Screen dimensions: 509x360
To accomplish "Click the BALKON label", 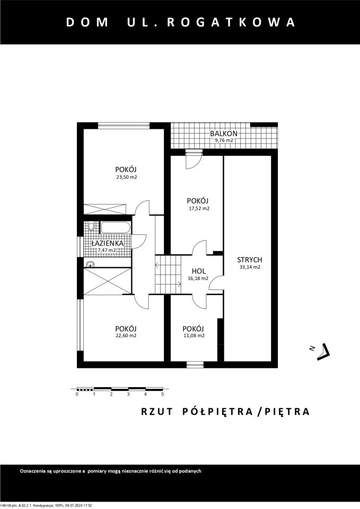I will [x=223, y=134].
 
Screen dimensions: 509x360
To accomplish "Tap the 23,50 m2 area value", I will [x=127, y=177].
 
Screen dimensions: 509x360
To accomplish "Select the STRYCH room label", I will [x=250, y=260].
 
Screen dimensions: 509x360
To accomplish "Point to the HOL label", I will [x=199, y=270].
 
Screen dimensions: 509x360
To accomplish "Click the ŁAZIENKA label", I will [x=108, y=243].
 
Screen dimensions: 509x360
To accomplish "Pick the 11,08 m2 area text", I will [x=194, y=336].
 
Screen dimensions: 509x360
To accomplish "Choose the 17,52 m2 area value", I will [x=198, y=208].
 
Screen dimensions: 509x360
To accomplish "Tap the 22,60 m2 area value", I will [x=126, y=336].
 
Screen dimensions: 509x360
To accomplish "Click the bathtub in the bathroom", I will [x=116, y=228].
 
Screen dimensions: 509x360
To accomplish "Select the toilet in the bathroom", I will [x=92, y=227].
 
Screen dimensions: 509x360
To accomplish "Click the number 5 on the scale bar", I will [x=162, y=394].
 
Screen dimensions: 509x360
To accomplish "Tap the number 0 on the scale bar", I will [x=77, y=394].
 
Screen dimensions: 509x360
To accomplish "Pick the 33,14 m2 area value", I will [x=250, y=268].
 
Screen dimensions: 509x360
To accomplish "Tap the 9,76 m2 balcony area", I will [x=223, y=141].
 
